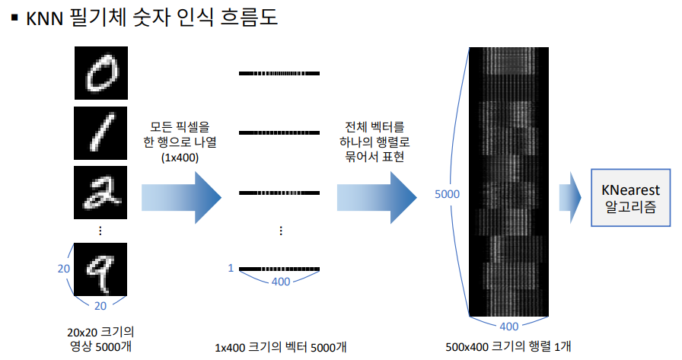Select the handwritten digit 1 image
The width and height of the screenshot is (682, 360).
[100, 132]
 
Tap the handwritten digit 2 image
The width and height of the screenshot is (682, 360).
[100, 191]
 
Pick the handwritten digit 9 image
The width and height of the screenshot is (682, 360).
[100, 267]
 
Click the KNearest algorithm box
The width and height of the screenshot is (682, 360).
[630, 197]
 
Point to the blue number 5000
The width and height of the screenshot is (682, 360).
[447, 195]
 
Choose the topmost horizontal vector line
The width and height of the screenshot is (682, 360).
[280, 73]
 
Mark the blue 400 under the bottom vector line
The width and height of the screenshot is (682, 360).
[280, 283]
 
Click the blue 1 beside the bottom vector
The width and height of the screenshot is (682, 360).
[231, 267]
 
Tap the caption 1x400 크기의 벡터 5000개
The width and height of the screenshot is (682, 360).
[281, 346]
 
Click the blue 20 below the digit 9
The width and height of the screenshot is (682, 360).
[100, 306]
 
